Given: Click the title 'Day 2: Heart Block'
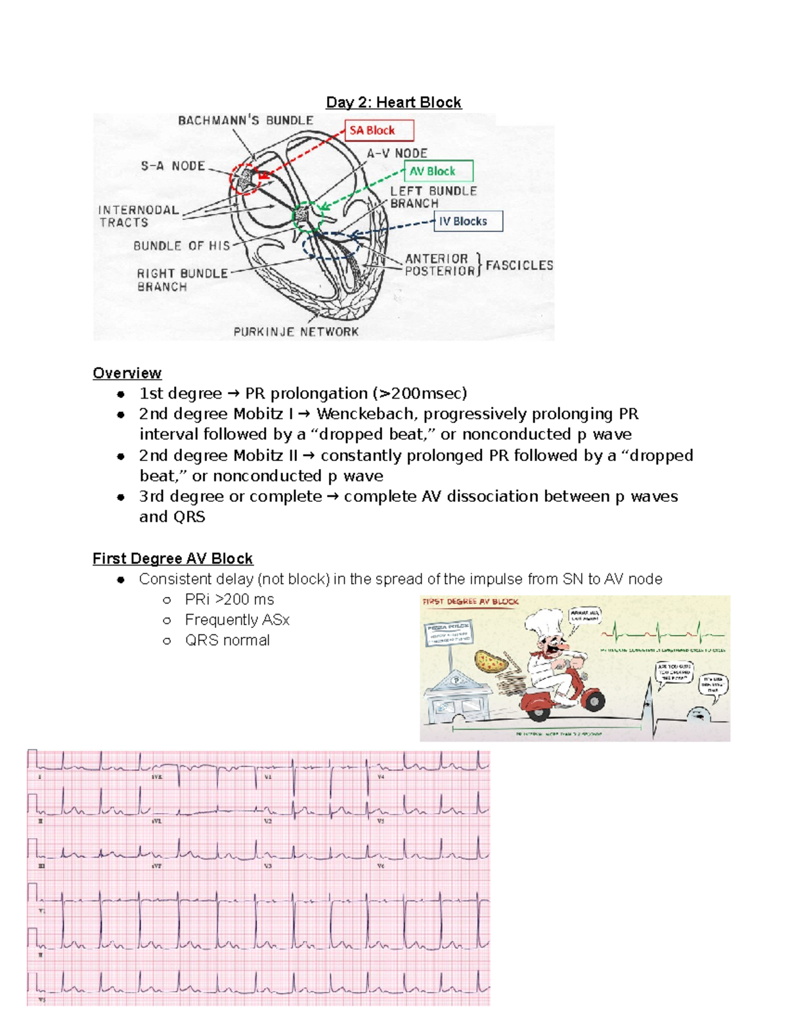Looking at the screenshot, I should (x=393, y=102).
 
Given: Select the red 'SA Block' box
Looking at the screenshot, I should (x=379, y=130).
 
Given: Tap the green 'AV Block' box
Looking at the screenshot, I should (x=438, y=171).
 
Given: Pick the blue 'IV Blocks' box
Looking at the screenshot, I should (x=468, y=221).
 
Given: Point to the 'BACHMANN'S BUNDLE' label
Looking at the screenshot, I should (x=246, y=121).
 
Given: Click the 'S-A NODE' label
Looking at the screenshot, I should (x=173, y=166).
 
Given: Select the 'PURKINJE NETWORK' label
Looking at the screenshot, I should (x=296, y=332).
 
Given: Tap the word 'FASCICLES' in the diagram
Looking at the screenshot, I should (x=519, y=265).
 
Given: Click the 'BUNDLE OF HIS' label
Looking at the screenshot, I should (x=181, y=246).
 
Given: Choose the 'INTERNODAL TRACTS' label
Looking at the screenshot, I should (x=138, y=216).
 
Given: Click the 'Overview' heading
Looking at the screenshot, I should (x=127, y=373).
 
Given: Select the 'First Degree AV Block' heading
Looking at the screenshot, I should (x=173, y=559).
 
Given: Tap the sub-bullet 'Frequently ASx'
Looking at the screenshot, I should (x=237, y=620).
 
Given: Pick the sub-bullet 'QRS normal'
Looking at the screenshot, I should (x=227, y=640).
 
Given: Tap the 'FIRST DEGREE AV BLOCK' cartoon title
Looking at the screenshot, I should (x=470, y=602).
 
